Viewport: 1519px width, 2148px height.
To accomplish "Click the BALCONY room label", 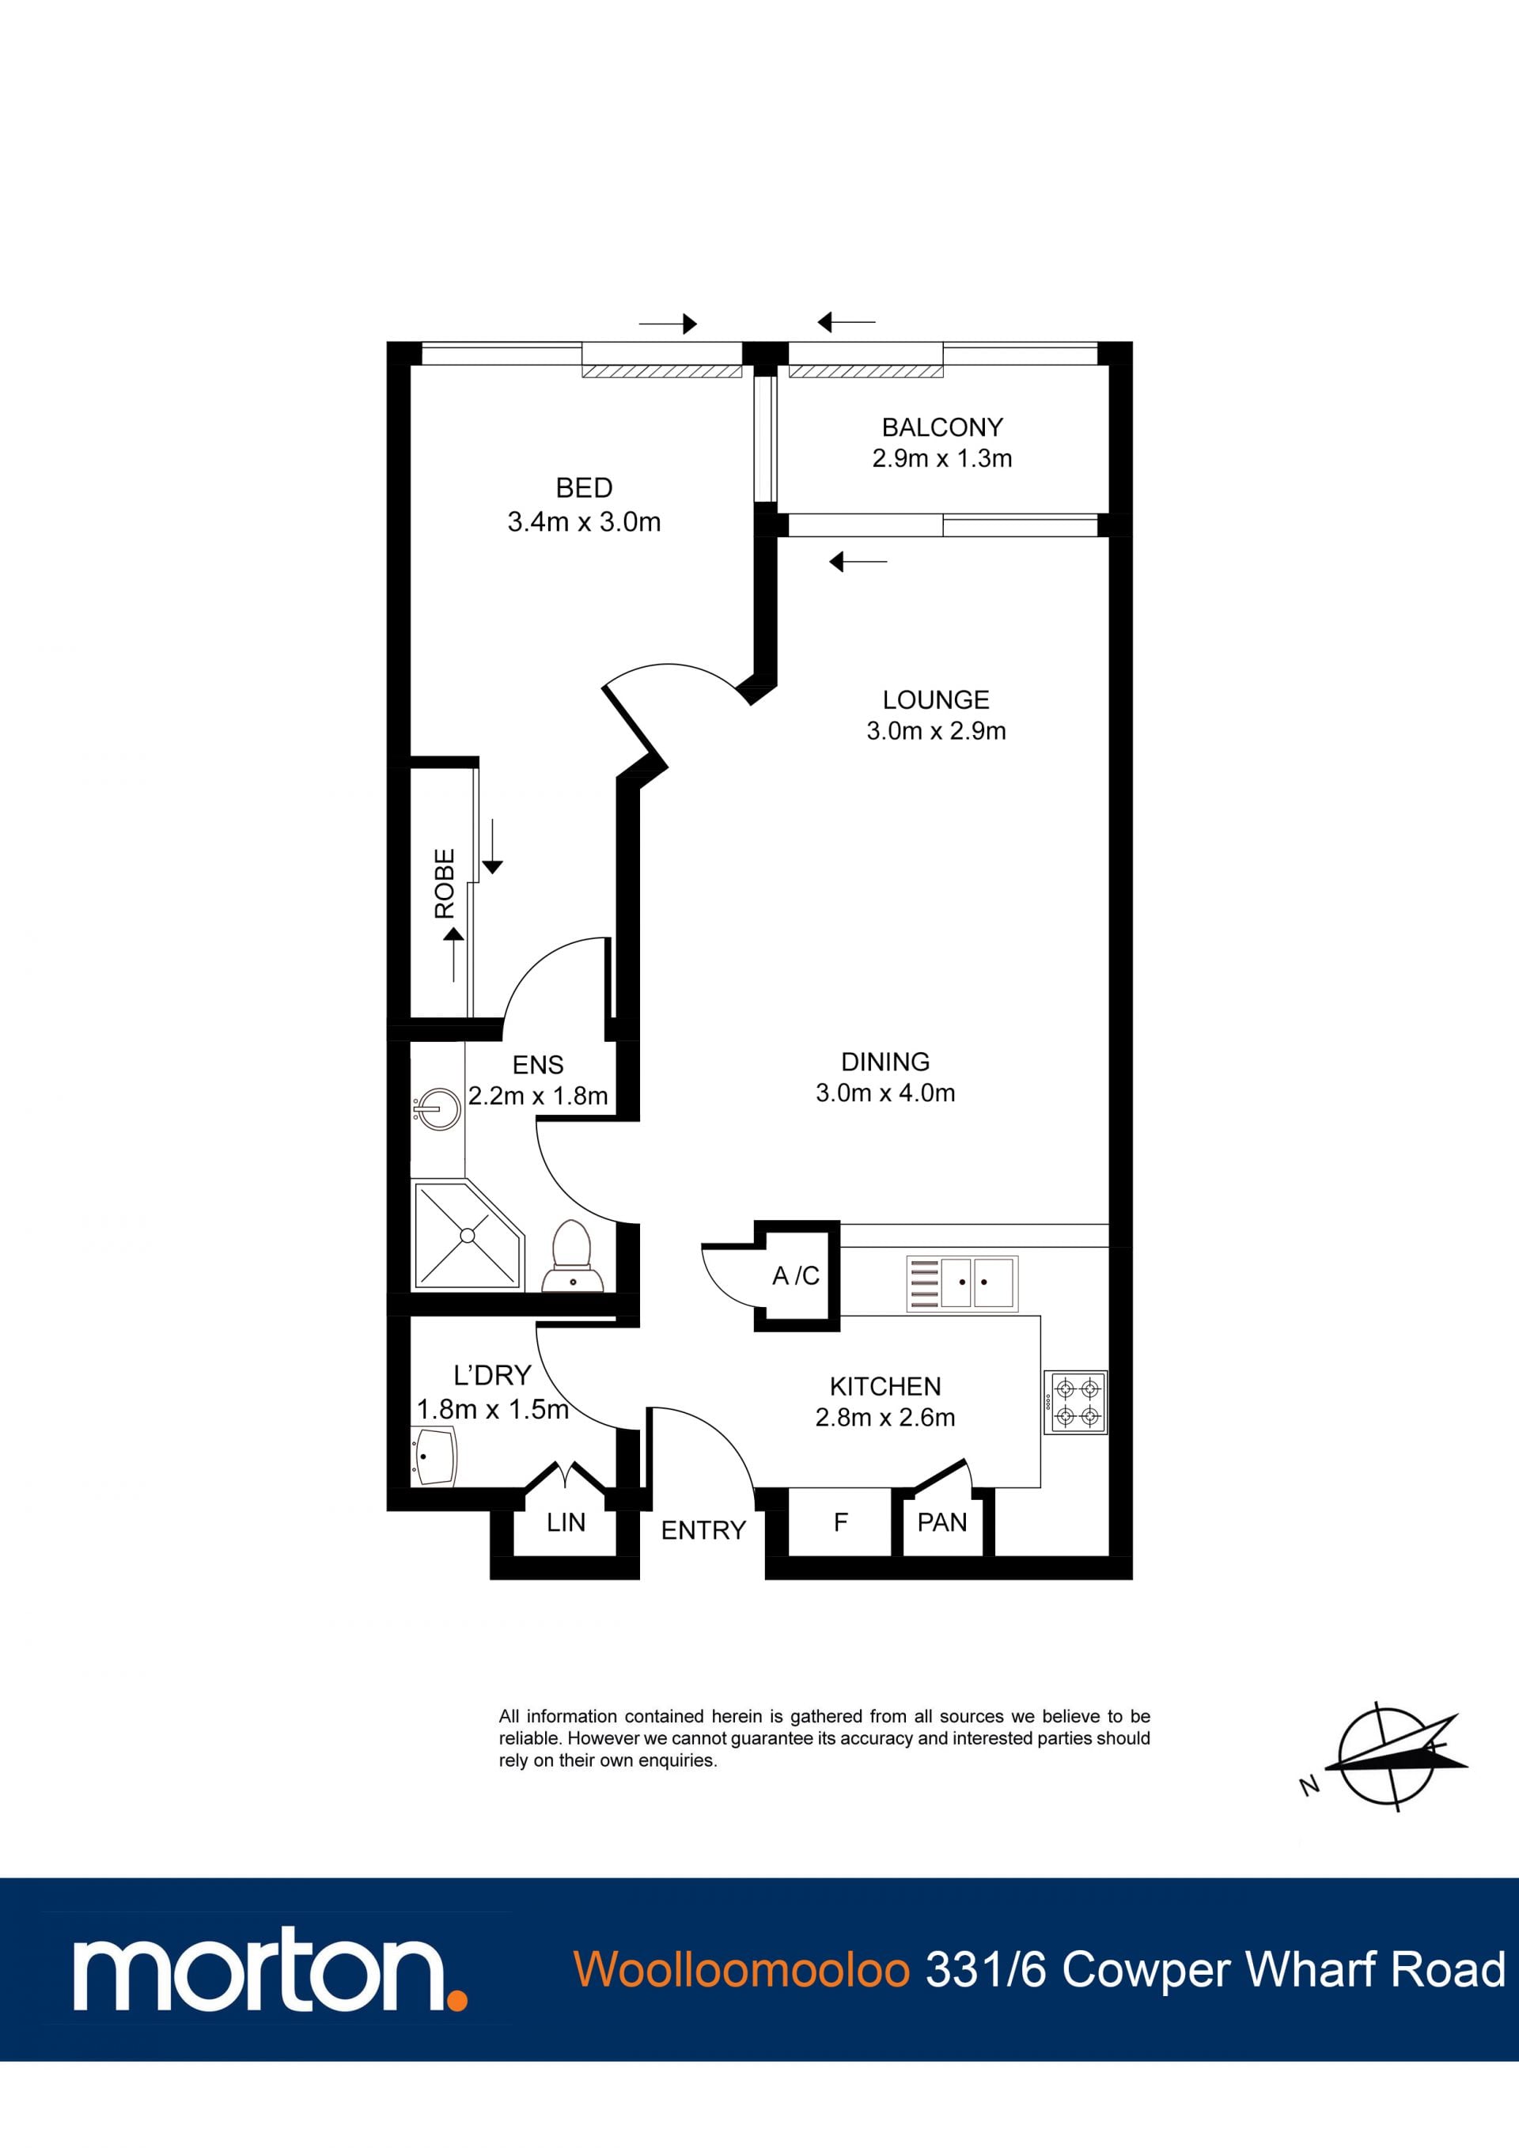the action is point(942,427).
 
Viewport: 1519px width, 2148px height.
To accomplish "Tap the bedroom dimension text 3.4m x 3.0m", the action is point(584,522).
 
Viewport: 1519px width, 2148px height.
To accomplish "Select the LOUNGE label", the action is point(935,700).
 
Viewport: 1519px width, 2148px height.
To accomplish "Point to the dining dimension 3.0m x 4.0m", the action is point(885,1093).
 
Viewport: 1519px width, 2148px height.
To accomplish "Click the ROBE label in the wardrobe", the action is point(445,883).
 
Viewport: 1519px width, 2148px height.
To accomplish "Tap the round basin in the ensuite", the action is point(437,1111).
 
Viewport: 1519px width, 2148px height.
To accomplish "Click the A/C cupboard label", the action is point(796,1276).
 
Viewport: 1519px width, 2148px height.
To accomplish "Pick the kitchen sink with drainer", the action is point(961,1282).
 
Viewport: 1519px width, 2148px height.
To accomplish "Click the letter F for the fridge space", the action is point(841,1522).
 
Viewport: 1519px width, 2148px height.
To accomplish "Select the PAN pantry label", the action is point(942,1522).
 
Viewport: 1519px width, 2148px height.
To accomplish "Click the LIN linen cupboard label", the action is point(566,1522).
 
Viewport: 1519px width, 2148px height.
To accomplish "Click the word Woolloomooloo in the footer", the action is point(742,1968).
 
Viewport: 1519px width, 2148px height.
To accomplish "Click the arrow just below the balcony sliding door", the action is point(858,561).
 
